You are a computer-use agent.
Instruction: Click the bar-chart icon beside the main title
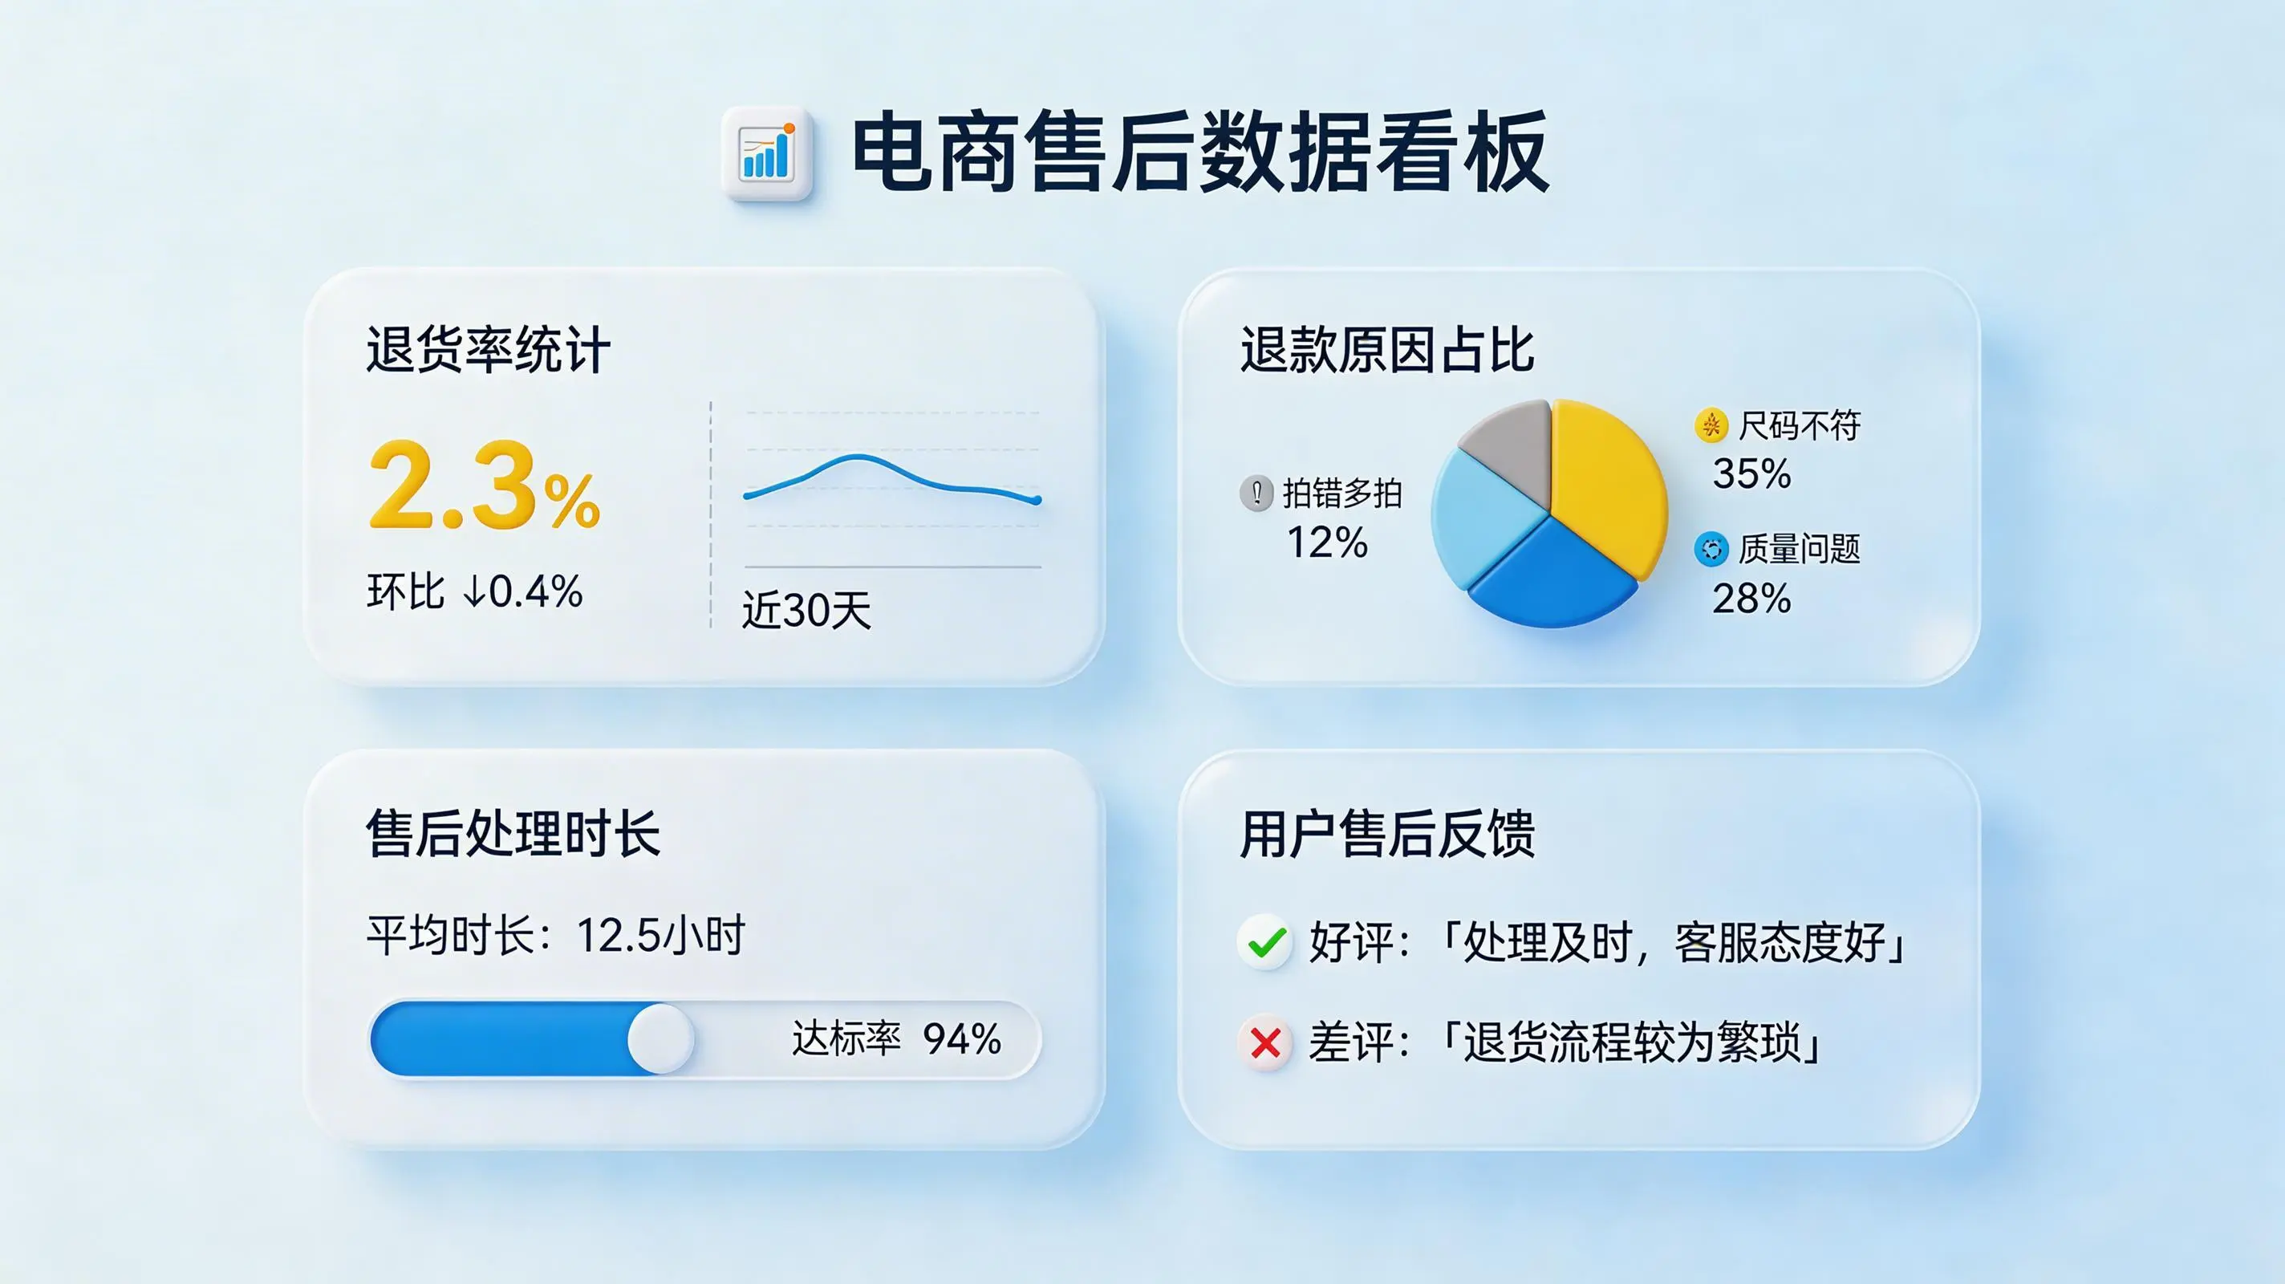766,152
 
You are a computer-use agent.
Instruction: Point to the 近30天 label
806,611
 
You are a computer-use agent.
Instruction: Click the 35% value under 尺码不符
1752,473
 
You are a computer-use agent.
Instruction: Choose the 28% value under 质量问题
1752,599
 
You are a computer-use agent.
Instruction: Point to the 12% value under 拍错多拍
1327,542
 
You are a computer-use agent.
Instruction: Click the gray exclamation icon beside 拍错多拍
1256,494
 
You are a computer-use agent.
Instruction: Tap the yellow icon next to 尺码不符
1711,426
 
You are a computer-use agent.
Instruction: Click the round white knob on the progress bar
661,1038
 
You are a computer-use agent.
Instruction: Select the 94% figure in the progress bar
963,1039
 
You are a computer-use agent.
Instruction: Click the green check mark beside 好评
1266,942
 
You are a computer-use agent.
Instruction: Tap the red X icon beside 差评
1266,1042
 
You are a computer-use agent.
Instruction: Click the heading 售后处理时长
513,834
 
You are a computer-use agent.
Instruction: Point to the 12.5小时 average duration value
662,935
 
